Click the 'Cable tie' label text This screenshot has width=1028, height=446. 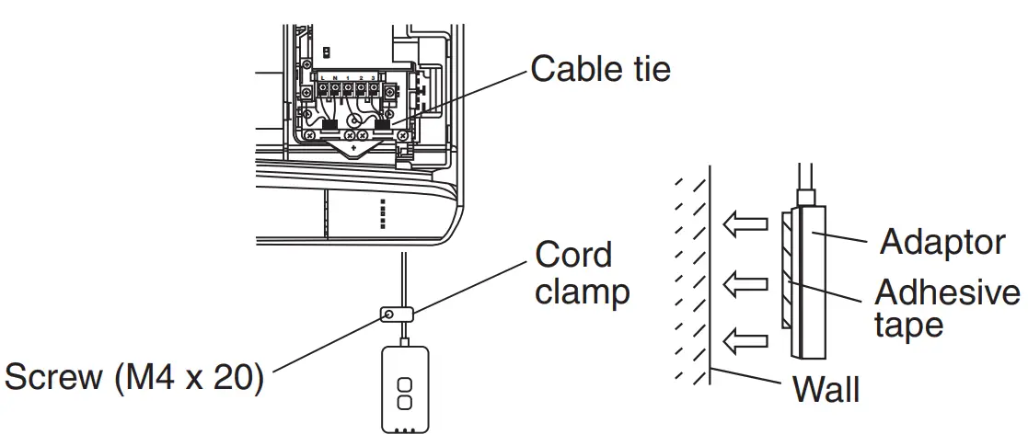(x=600, y=69)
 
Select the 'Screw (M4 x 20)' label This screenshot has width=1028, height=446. (x=134, y=378)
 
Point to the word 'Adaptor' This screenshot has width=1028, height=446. (x=941, y=242)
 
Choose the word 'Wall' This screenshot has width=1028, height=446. (x=826, y=389)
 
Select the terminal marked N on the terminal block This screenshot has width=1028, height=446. (x=335, y=89)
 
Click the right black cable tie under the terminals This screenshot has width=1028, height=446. (x=386, y=124)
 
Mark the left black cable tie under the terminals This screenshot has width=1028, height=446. (x=328, y=124)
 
